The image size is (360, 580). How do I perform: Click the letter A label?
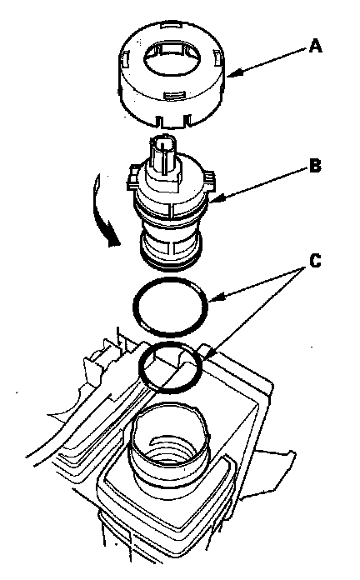pyautogui.click(x=315, y=47)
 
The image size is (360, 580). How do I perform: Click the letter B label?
pyautogui.click(x=315, y=166)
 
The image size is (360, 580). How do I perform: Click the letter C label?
pyautogui.click(x=315, y=261)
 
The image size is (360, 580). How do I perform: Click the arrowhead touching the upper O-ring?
pyautogui.click(x=216, y=297)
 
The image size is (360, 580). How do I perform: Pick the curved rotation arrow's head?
pyautogui.click(x=112, y=240)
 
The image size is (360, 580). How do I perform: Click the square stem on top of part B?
pyautogui.click(x=162, y=155)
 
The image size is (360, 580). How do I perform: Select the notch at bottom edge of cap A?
pyautogui.click(x=173, y=121)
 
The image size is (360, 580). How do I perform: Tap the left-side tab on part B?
pyautogui.click(x=132, y=177)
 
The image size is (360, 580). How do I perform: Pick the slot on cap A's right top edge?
pyautogui.click(x=217, y=57)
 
